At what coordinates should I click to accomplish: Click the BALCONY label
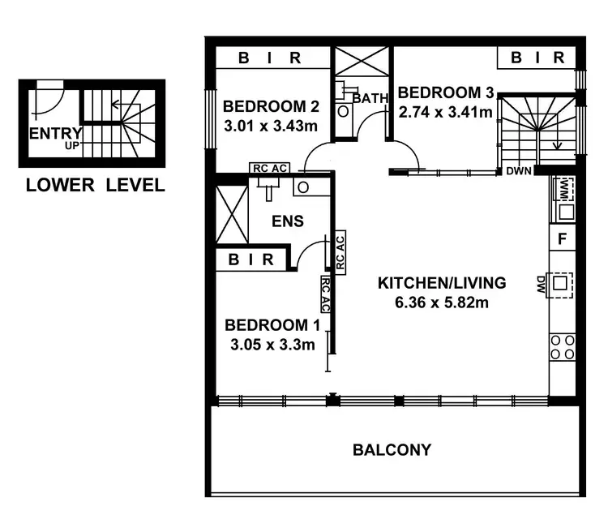coord(392,449)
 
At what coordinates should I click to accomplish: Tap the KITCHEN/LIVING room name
coord(442,283)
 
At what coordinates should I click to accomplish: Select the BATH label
coord(370,98)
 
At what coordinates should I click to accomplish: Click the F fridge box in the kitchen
coord(562,238)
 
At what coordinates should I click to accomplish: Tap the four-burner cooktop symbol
coord(563,347)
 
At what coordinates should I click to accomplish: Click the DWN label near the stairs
coord(519,172)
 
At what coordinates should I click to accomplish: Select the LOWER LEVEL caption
coord(95,185)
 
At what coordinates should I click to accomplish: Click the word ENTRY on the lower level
coord(55,133)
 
